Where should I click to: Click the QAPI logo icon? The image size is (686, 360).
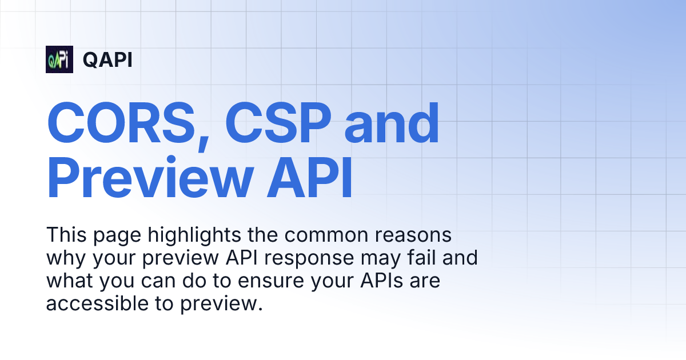coord(59,59)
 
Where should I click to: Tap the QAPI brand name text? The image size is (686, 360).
coord(107,59)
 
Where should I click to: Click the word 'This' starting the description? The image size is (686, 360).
coord(65,235)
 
